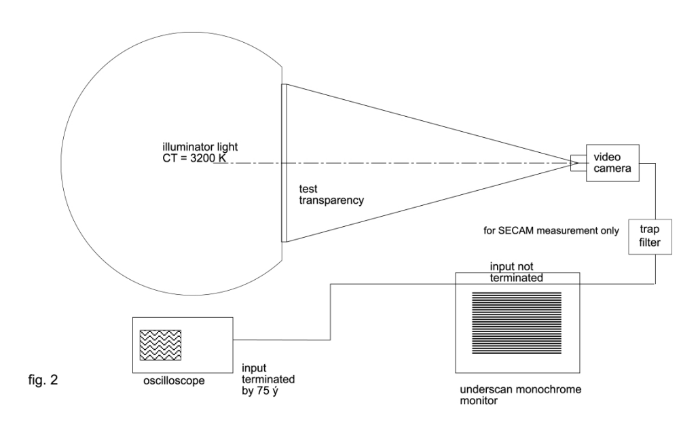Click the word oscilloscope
tap(169, 382)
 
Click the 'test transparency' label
tap(333, 194)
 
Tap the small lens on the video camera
tap(574, 162)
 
